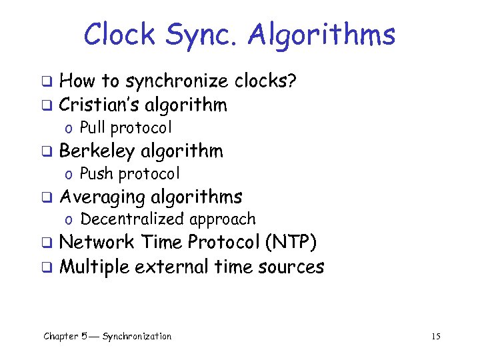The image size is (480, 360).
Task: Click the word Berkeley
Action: click(x=99, y=151)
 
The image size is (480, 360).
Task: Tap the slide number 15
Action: click(x=436, y=336)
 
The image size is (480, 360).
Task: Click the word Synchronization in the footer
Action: click(x=137, y=336)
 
